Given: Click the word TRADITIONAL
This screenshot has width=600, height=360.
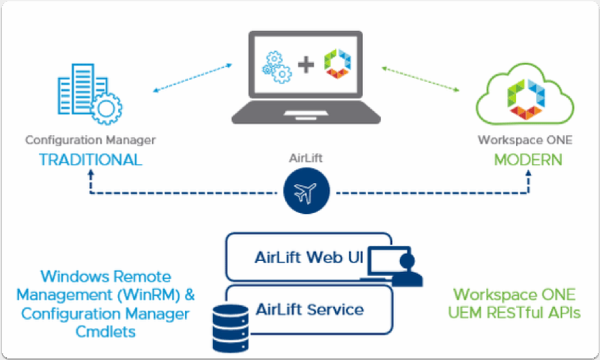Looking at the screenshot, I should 91,160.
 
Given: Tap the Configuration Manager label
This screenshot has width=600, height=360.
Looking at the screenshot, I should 91,140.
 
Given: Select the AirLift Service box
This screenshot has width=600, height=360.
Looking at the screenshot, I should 309,309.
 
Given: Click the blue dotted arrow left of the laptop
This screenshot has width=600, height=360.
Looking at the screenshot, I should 192,79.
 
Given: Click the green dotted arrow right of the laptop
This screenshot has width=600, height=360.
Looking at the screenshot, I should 420,78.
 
